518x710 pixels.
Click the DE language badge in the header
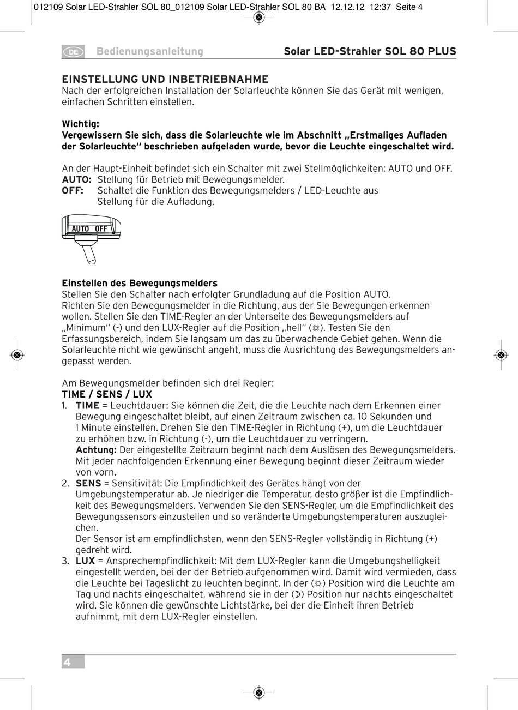[73, 52]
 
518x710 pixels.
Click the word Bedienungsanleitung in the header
[149, 52]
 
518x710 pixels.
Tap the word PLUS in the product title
[442, 52]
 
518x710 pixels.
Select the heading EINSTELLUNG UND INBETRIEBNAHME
[165, 79]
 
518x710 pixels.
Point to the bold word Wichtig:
[80, 124]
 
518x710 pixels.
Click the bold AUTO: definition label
[76, 179]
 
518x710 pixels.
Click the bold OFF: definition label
[73, 190]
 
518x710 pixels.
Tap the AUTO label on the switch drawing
[80, 228]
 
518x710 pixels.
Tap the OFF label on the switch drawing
[101, 228]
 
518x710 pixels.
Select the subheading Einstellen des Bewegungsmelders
[140, 283]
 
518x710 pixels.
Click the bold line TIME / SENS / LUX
[107, 394]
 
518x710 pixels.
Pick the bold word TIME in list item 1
[87, 405]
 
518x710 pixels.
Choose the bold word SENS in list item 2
[88, 483]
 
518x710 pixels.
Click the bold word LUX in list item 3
[85, 561]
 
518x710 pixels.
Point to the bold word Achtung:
[96, 450]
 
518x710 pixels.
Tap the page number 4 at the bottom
[67, 663]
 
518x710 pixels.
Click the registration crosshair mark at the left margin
[17, 355]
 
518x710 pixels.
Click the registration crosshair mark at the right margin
[501, 355]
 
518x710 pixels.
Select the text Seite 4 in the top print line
[409, 7]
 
